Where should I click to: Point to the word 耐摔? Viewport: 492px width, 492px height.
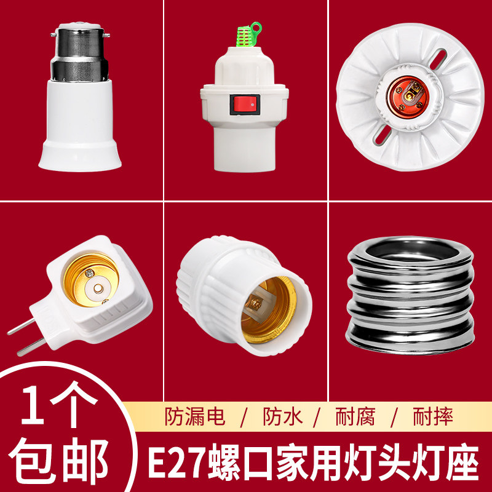click(x=432, y=417)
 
